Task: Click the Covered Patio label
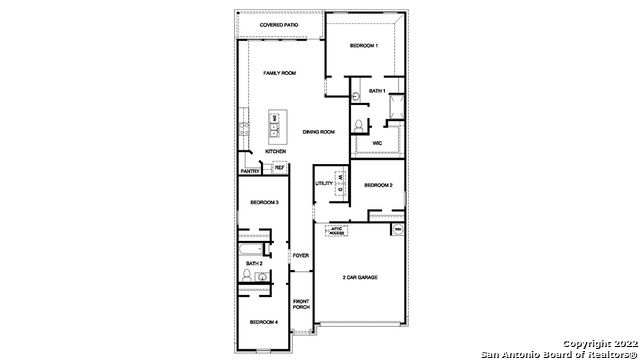280,24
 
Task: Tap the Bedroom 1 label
364,47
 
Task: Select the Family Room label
280,74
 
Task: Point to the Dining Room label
318,132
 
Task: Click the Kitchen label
276,152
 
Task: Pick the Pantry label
250,171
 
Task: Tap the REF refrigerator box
279,168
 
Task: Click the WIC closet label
377,143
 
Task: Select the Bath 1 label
376,91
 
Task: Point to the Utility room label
324,184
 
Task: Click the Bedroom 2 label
378,185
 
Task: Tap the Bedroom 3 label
263,203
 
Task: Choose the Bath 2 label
254,263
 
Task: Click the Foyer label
301,256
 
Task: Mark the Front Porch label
301,304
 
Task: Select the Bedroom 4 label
263,322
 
